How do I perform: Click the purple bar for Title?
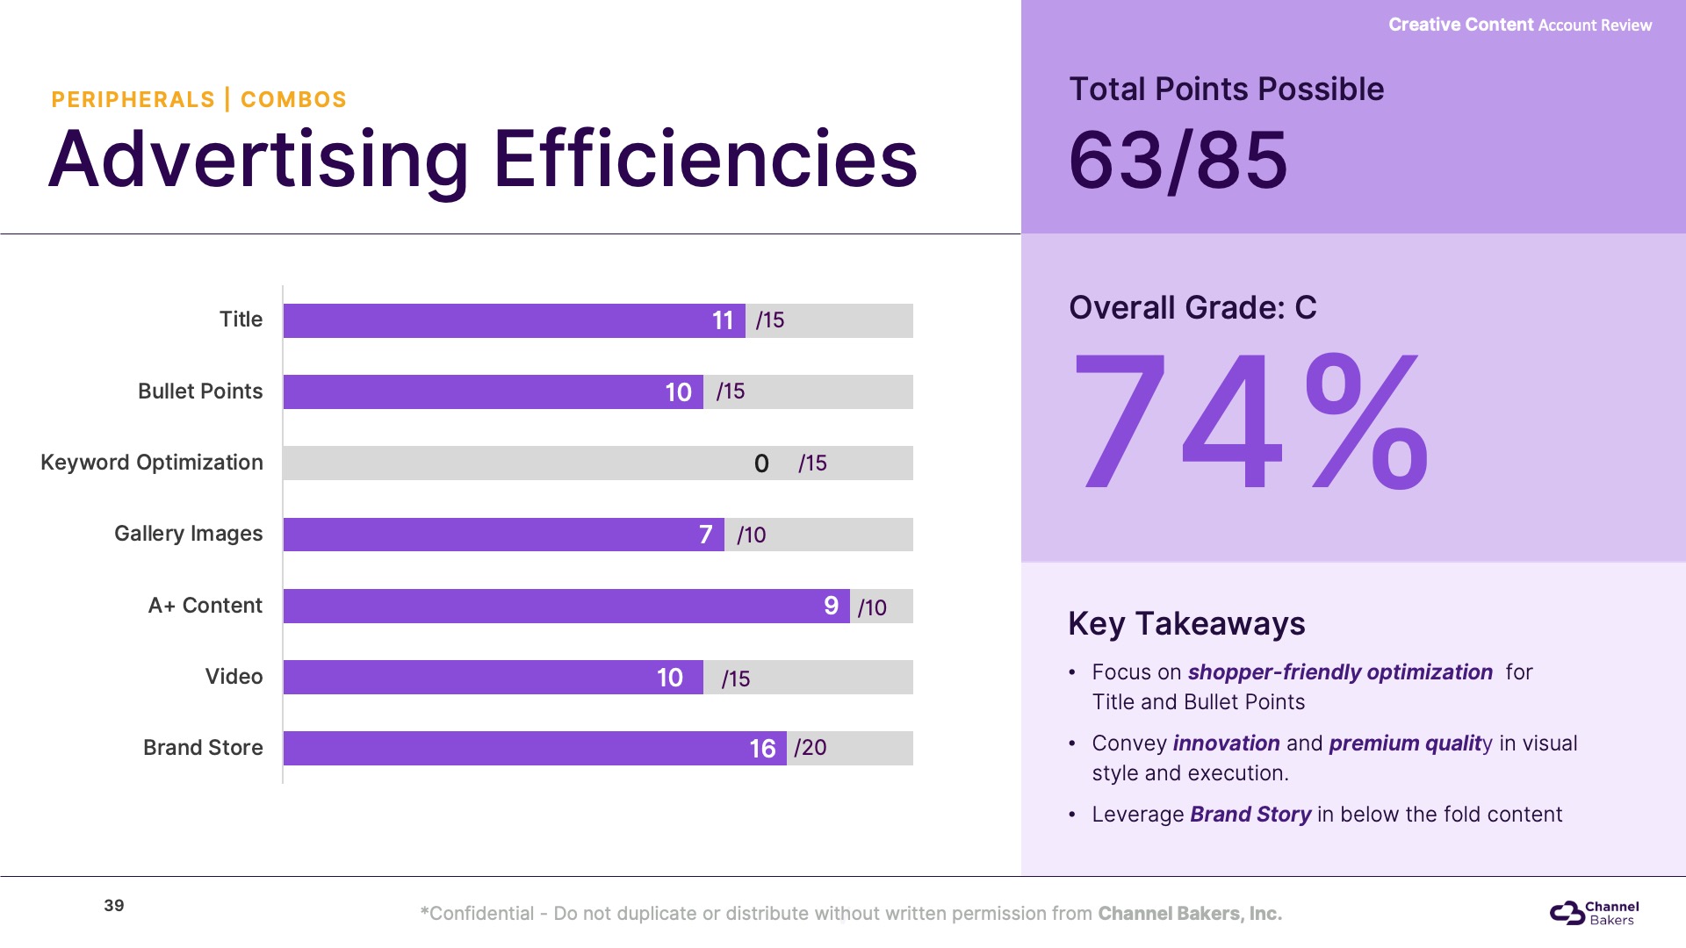point(514,320)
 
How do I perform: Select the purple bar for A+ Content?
point(566,606)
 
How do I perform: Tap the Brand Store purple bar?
point(534,748)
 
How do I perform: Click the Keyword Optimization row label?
point(152,463)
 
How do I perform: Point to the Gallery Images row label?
point(188,534)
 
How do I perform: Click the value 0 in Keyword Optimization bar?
point(761,463)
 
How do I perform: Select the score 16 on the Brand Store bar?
point(762,749)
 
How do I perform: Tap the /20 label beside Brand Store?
point(811,748)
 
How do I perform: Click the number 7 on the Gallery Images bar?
point(705,535)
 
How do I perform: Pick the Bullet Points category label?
point(200,391)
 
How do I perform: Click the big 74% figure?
point(1250,421)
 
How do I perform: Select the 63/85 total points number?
point(1178,160)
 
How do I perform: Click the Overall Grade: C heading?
point(1192,308)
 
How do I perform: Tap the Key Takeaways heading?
point(1186,624)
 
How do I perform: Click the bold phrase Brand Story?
point(1250,815)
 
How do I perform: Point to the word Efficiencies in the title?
point(705,160)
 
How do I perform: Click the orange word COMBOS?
point(293,100)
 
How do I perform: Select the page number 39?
point(114,906)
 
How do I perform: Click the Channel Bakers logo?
point(1594,913)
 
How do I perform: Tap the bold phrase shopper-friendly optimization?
point(1340,672)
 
